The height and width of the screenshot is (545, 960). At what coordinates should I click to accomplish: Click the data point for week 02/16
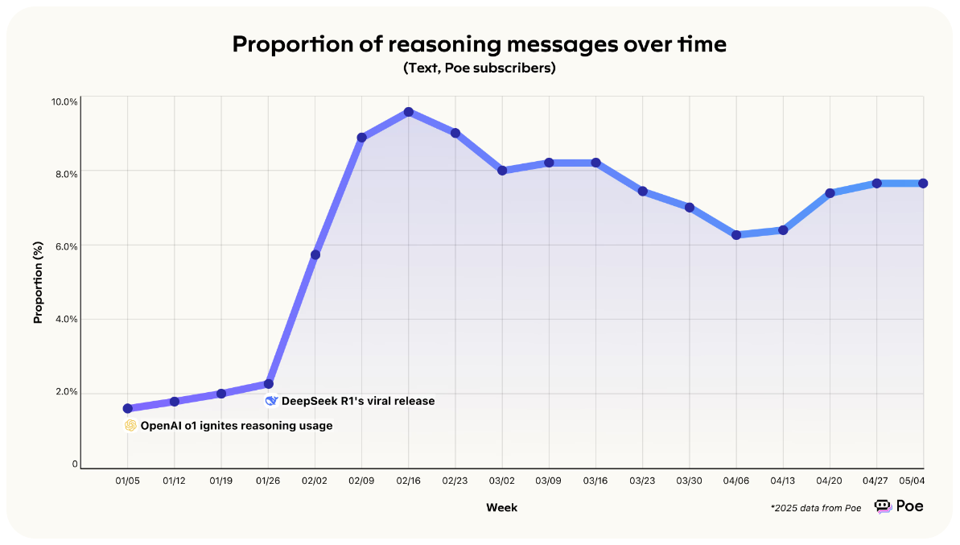tap(409, 112)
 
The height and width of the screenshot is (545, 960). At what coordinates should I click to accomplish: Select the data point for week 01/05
tap(128, 408)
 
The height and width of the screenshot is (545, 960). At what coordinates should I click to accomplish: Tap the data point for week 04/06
tap(735, 235)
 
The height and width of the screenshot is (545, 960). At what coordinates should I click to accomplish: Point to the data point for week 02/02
tap(315, 254)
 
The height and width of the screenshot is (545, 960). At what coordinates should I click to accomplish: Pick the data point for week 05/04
tap(923, 184)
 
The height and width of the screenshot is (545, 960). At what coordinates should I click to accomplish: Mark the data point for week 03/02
tap(502, 171)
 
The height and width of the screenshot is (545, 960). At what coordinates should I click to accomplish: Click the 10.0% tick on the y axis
tap(65, 102)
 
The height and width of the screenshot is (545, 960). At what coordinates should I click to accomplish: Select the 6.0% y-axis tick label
tap(65, 246)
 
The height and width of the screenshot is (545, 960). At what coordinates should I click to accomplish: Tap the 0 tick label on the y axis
tap(75, 464)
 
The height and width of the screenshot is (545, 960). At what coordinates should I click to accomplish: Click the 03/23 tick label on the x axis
tap(642, 481)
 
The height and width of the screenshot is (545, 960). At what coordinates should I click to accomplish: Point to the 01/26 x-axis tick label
tap(268, 481)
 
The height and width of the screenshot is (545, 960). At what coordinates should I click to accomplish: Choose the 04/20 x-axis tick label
tap(829, 481)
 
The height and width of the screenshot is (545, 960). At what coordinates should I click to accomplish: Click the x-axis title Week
tap(501, 508)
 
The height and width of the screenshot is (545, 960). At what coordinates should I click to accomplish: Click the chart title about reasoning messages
tap(479, 44)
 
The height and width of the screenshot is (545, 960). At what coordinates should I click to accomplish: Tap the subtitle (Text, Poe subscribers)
tap(479, 68)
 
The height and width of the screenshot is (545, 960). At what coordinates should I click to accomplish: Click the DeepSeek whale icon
tap(271, 401)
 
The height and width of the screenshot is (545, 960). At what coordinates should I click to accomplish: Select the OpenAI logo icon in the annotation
tap(130, 426)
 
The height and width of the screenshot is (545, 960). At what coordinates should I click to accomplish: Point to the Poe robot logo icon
tap(883, 506)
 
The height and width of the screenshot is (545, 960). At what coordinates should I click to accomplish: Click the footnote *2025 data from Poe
tap(816, 508)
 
